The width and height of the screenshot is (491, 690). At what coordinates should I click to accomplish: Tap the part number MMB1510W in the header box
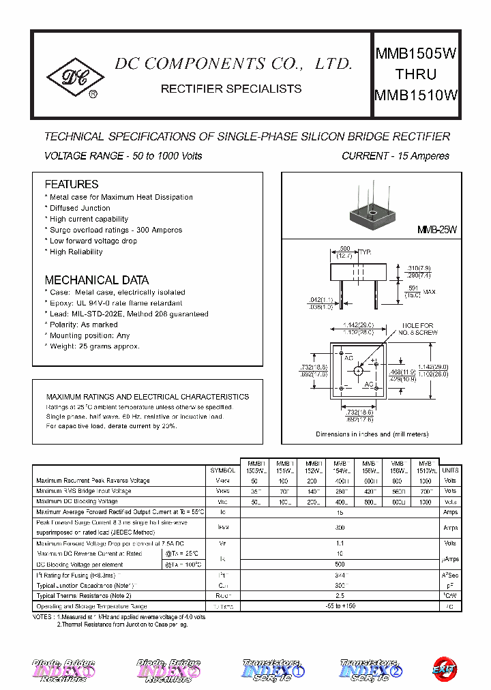coord(415,95)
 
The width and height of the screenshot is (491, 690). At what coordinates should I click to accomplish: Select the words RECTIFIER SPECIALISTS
coord(230,89)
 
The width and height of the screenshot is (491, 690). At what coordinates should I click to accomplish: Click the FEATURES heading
coord(71,184)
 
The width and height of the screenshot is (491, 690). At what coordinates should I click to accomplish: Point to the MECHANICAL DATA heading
coord(96,280)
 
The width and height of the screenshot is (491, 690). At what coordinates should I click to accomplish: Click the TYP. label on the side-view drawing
coord(365,252)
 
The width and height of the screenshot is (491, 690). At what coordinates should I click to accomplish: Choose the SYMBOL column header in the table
coord(222,470)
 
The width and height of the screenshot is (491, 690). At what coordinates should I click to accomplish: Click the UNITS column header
coord(450,470)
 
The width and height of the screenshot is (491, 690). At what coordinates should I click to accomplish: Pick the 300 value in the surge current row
coord(339,528)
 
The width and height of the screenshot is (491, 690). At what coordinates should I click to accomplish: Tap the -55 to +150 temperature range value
coord(339,606)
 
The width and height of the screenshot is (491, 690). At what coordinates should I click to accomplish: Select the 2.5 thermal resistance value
coord(339,596)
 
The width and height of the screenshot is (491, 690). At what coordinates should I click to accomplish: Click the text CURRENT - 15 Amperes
coord(395,156)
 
